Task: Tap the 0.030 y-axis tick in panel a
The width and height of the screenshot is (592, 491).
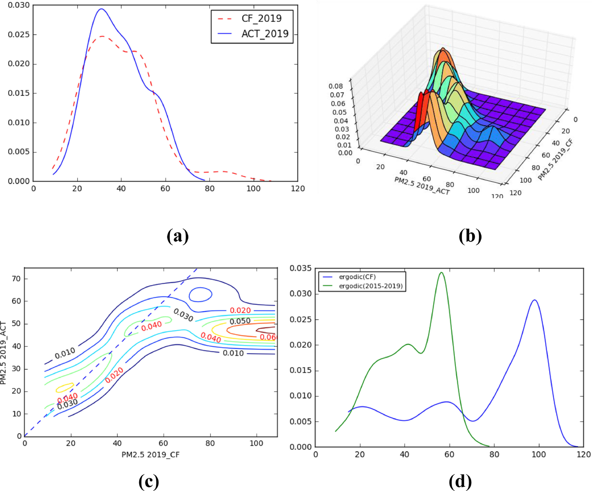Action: [19, 5]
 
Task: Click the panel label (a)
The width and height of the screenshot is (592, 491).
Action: [178, 236]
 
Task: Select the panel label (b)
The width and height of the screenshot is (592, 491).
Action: [470, 236]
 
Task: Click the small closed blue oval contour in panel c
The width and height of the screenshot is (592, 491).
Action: [200, 294]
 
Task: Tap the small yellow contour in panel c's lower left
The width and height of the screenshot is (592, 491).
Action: [65, 388]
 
